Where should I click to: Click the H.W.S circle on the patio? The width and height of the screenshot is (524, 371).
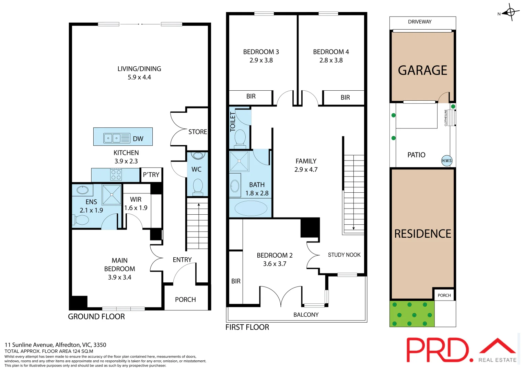point(446,160)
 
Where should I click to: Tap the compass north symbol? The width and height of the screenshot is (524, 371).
point(510,13)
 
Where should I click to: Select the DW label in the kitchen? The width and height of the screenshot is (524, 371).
point(138,139)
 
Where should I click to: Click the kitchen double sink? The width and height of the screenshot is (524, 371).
point(113,138)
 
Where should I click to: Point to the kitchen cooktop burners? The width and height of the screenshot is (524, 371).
point(116,175)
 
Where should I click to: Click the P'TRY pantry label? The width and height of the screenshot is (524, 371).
point(151,175)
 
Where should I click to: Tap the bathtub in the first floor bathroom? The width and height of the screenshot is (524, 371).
point(251,208)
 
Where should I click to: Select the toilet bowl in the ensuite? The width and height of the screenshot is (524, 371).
point(81,220)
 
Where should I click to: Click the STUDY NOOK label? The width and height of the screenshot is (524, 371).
point(344,255)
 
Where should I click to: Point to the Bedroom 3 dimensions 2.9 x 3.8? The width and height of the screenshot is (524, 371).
point(261,60)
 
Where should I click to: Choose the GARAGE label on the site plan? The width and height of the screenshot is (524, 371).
point(422,70)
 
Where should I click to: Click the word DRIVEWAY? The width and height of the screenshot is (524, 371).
point(420,22)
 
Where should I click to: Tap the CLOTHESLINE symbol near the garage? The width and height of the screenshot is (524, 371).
point(450,118)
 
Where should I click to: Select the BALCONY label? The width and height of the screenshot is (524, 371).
point(306,315)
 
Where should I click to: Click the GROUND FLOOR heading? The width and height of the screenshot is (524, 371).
point(96,317)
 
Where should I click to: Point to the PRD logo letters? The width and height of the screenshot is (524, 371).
point(438,350)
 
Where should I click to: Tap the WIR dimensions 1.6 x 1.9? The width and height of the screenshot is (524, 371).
point(136,208)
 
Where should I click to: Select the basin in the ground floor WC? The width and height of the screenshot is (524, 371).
point(198,156)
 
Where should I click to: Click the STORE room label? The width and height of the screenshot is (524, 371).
point(198,132)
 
